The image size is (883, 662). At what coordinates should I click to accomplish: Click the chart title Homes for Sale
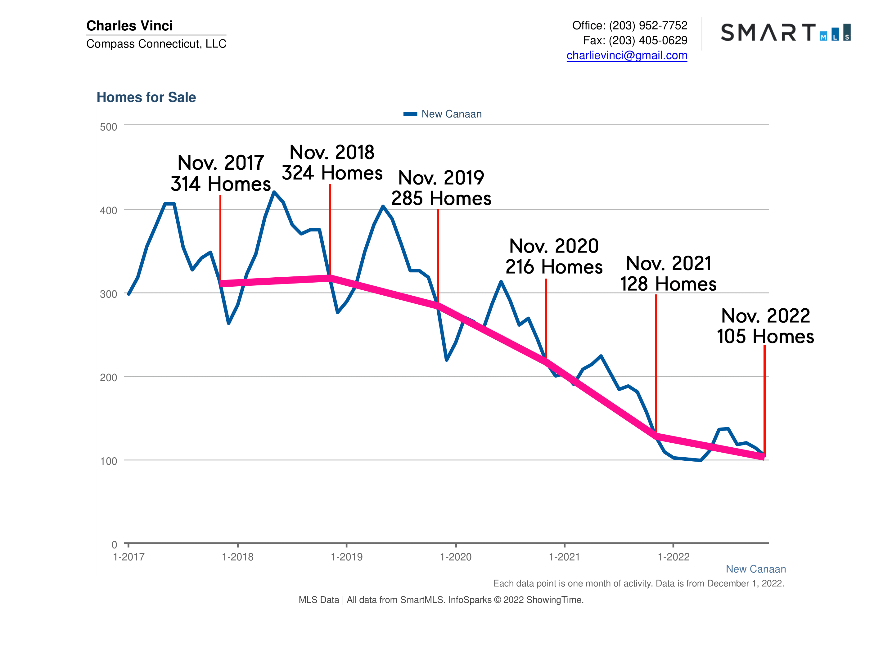pos(146,97)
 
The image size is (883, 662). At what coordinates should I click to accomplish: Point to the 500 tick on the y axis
pos(108,127)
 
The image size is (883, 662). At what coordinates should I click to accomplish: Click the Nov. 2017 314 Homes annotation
pos(221,173)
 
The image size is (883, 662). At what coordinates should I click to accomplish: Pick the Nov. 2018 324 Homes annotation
pos(332,163)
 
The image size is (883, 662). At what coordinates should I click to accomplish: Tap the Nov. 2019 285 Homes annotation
pos(441,188)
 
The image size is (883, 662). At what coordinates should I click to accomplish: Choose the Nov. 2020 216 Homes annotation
pos(554,256)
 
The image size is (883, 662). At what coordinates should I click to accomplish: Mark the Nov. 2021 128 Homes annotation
pos(668,274)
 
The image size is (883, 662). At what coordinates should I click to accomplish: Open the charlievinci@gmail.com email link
pos(627,56)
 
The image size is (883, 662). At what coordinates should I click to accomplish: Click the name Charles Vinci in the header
pos(129,25)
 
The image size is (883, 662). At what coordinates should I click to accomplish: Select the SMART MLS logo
pos(785,32)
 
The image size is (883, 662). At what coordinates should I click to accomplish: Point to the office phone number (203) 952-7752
pos(648,25)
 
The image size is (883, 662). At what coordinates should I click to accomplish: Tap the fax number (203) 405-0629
pos(648,40)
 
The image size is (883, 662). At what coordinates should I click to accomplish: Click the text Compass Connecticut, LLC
pos(156,43)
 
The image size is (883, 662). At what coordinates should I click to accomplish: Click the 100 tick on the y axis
pos(108,461)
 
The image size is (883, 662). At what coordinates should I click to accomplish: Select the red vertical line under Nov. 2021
pos(655,359)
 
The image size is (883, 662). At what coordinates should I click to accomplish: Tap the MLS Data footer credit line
pos(441,600)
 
